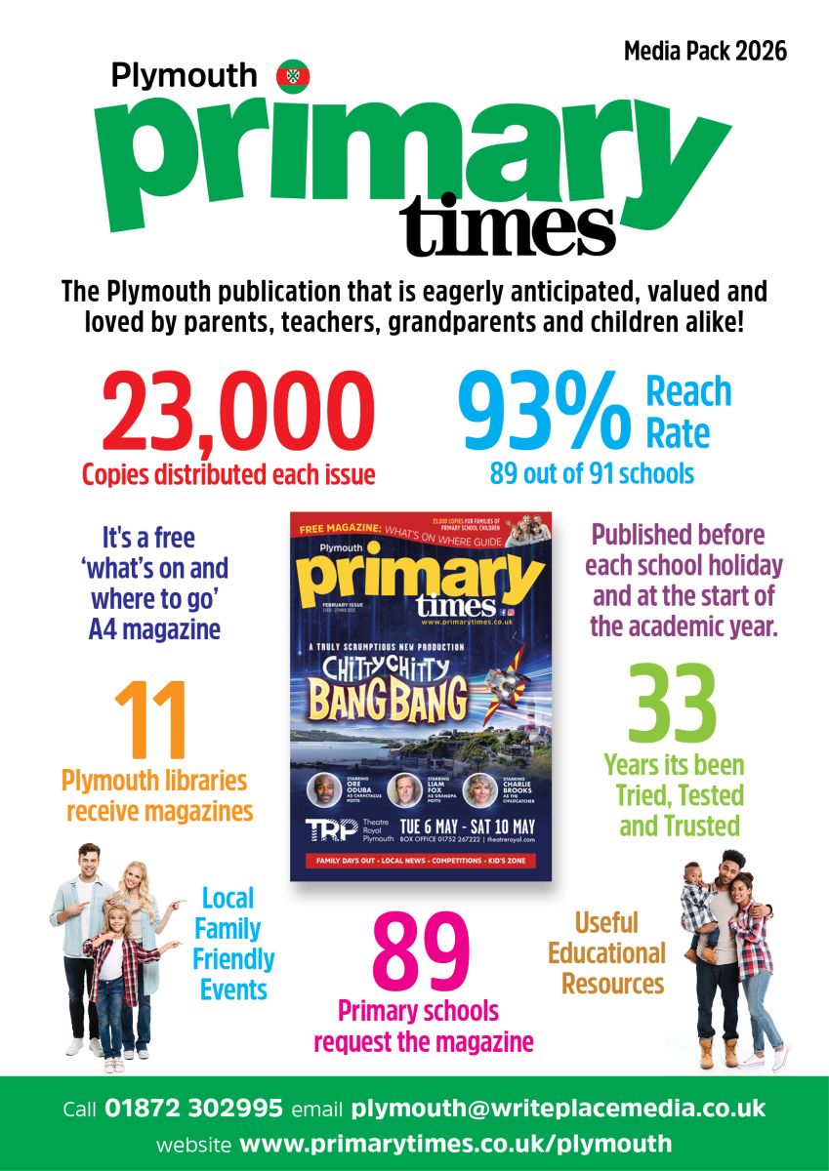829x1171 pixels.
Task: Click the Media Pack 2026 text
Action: click(x=705, y=50)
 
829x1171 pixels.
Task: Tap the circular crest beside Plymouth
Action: click(x=292, y=75)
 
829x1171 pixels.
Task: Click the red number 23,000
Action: click(x=238, y=411)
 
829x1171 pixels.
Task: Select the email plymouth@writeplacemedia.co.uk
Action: click(x=558, y=1110)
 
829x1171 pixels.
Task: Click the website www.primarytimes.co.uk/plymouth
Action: click(x=456, y=1144)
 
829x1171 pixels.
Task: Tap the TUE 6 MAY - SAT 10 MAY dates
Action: click(x=472, y=827)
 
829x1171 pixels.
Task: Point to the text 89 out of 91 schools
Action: click(x=592, y=474)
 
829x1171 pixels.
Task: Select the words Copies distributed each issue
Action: click(x=228, y=475)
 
